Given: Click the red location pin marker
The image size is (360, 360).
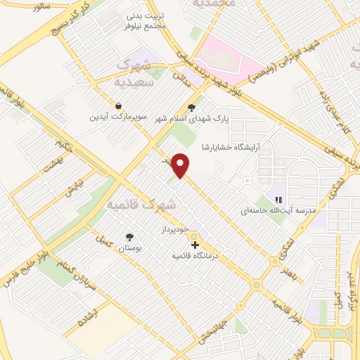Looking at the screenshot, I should pos(182,165).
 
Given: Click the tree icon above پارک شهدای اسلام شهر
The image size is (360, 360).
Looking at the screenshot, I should pos(191,108).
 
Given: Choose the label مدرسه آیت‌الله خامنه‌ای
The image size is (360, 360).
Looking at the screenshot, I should pos(278,210).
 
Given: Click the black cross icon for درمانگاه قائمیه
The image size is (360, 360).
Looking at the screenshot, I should pos(195,245).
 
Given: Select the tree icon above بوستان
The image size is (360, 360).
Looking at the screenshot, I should pos(129,237).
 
